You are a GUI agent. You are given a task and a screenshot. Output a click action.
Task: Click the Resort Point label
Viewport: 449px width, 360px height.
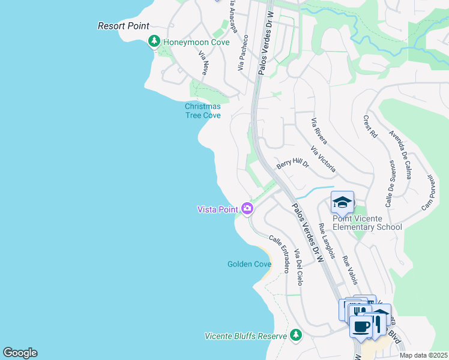[124, 26]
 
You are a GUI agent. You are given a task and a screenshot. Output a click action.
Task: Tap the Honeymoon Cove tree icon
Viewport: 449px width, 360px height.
[154, 41]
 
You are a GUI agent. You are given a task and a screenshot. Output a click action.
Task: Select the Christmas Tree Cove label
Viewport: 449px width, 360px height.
[202, 111]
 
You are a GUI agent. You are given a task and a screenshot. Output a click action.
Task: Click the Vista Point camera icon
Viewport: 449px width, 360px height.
[247, 209]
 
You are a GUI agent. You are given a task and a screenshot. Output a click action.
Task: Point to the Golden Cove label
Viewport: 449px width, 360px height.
[249, 264]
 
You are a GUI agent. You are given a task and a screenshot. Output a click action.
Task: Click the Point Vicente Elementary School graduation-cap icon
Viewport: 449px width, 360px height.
[342, 202]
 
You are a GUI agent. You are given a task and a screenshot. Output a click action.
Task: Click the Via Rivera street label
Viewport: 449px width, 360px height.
[319, 131]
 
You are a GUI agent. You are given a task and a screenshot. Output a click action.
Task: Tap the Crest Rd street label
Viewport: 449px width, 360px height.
[369, 127]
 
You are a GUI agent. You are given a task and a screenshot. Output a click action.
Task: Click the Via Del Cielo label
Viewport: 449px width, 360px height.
[299, 271]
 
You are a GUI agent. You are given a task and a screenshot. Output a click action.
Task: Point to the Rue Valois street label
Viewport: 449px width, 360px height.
[350, 270]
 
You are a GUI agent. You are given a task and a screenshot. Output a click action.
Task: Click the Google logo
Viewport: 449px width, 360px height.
[20, 353]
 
